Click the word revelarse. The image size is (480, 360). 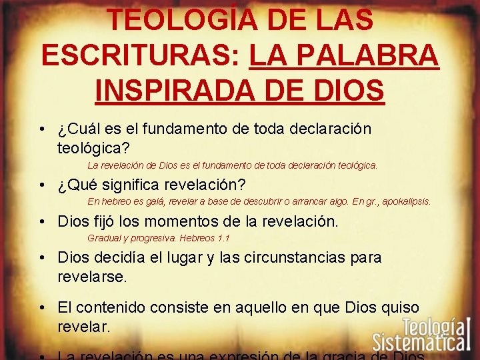coord(92,276)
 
